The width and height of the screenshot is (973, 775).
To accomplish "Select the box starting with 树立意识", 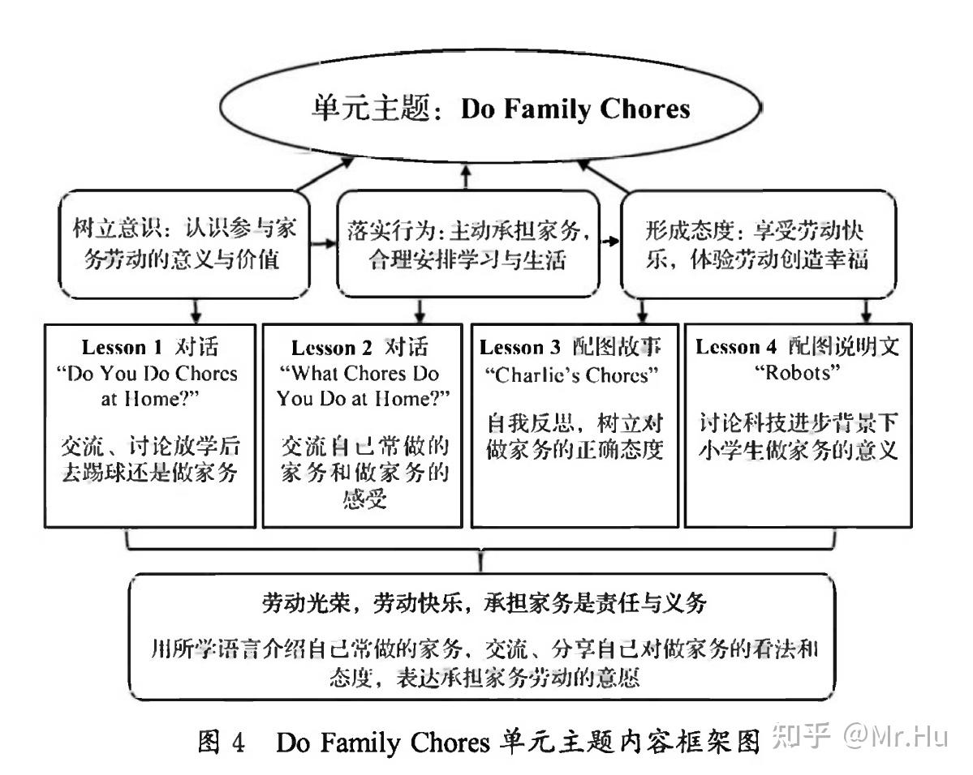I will point(183,244).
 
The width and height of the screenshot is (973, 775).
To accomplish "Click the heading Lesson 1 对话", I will point(150,347).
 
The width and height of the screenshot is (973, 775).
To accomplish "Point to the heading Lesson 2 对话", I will point(360,347).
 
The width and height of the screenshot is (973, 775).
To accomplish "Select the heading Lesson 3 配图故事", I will point(571,347).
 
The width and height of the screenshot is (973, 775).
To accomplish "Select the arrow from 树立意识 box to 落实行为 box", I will point(325,242).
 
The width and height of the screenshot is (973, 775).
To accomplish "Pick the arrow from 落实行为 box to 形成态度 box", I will point(609,241).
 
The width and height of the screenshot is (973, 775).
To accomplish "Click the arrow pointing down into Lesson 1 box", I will point(196,310).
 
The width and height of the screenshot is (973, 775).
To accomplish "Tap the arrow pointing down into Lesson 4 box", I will point(866,310).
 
